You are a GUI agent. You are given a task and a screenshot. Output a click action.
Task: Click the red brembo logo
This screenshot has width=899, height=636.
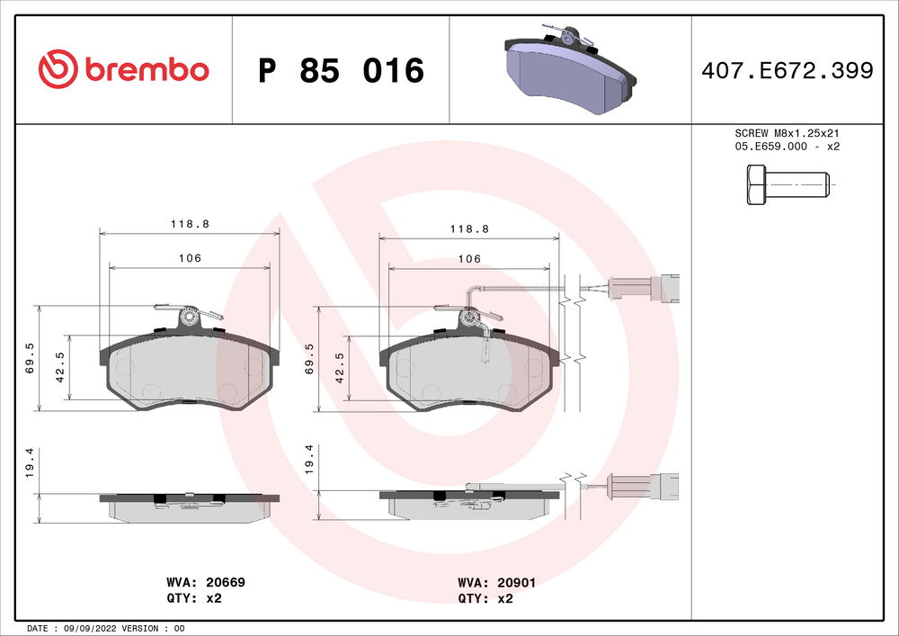[124, 68]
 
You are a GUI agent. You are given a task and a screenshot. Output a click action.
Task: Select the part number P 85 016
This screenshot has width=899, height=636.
[341, 70]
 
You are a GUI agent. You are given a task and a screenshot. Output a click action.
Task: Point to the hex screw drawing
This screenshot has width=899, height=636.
[786, 185]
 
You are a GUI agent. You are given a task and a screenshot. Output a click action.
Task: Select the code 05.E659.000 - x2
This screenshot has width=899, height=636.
[787, 146]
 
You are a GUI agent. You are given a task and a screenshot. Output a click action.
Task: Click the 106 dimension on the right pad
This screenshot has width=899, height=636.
[469, 259]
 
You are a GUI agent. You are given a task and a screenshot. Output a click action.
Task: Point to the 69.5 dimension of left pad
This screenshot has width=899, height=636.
[30, 357]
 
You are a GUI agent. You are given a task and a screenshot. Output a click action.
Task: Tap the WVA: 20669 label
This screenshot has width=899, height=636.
[205, 583]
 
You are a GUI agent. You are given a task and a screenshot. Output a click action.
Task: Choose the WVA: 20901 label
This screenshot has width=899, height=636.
[496, 583]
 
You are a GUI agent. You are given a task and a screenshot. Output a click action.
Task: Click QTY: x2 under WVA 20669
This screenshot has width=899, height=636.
[194, 597]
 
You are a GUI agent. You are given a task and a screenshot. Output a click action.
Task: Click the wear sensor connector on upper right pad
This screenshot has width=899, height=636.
[644, 288]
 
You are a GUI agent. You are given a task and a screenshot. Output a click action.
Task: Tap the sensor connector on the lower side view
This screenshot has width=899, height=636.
[644, 487]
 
